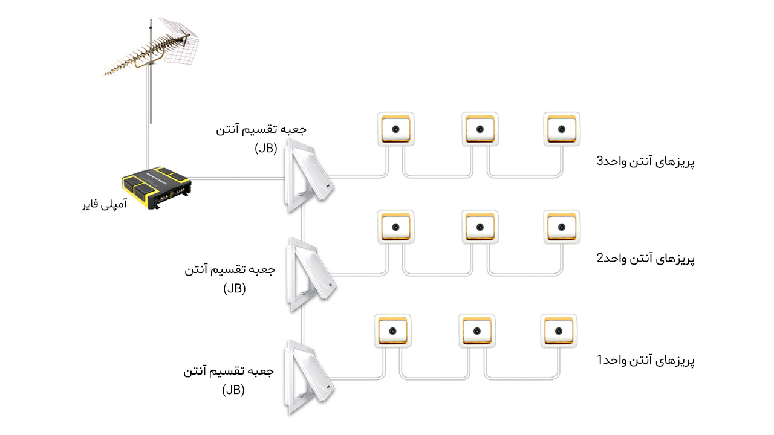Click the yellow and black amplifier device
pyautogui.click(x=157, y=187)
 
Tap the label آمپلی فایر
pyautogui.click(x=105, y=204)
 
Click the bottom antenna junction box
pyautogui.click(x=308, y=377)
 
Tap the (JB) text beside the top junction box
pyautogui.click(x=266, y=149)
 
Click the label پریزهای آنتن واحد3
pyautogui.click(x=645, y=161)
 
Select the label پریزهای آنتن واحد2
pyautogui.click(x=645, y=259)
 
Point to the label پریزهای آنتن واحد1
pyautogui.click(x=645, y=360)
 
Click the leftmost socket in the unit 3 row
pyautogui.click(x=395, y=129)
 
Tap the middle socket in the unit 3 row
pyautogui.click(x=480, y=129)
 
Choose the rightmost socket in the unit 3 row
pyautogui.click(x=562, y=129)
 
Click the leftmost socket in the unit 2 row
pyautogui.click(x=395, y=227)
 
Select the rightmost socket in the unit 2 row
pyautogui.click(x=562, y=227)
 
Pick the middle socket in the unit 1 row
pyautogui.click(x=477, y=330)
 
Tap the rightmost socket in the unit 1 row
pyautogui.click(x=559, y=330)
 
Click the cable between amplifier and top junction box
pyautogui.click(x=238, y=178)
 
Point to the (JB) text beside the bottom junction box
pyautogui.click(x=233, y=390)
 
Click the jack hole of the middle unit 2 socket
pyautogui.click(x=480, y=227)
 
